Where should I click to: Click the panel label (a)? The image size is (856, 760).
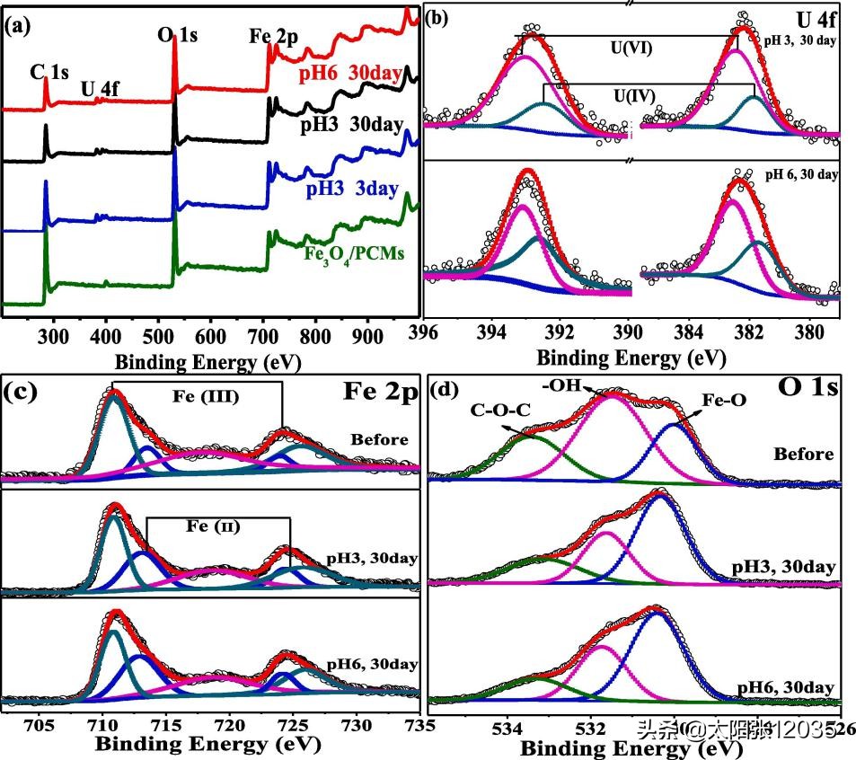18,24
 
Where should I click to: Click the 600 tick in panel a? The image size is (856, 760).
209,334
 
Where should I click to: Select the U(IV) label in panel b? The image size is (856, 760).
634,94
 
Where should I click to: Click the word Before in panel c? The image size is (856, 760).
380,439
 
